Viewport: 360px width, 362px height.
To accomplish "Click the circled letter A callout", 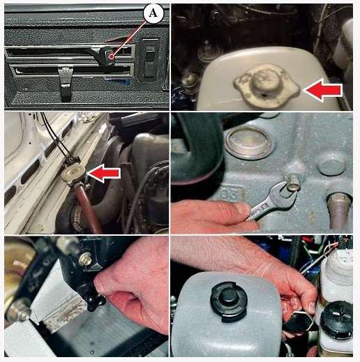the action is click(x=153, y=13).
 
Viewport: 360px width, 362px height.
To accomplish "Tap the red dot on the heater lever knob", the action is click(x=112, y=56).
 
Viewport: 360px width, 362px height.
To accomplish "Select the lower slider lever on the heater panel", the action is click(x=66, y=84).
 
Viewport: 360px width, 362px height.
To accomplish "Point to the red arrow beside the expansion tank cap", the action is click(x=323, y=90).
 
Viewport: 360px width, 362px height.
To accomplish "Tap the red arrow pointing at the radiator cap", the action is click(x=104, y=174).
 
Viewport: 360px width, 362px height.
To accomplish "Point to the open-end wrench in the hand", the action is click(x=272, y=199).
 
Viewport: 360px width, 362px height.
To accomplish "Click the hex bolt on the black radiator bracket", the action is click(x=85, y=259).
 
